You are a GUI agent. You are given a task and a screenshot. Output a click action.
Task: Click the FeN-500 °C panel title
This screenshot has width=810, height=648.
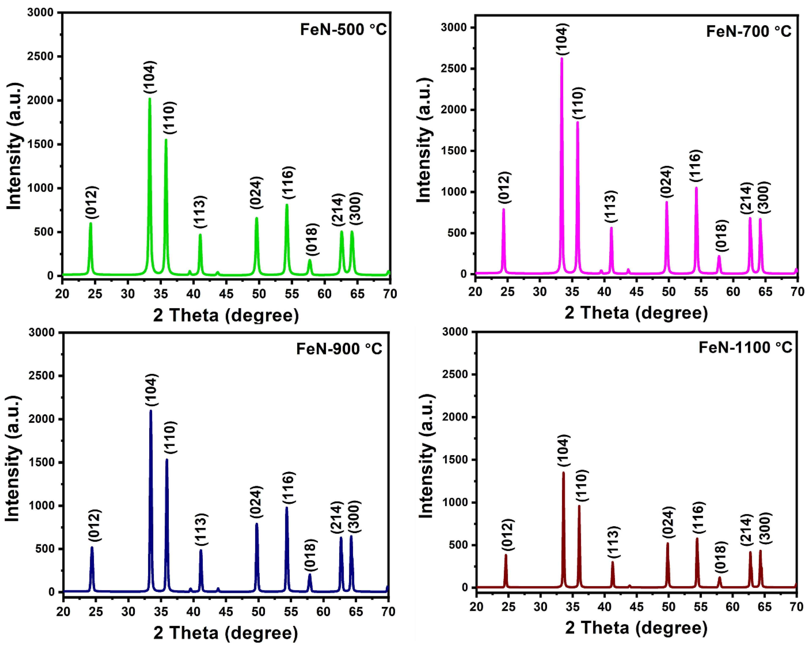click(x=343, y=29)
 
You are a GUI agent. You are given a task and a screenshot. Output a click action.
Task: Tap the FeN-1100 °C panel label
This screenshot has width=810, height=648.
click(x=745, y=347)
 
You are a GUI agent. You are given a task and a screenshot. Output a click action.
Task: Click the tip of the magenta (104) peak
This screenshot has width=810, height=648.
click(x=562, y=58)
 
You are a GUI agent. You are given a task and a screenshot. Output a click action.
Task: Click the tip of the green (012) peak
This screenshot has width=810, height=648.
click(x=90, y=224)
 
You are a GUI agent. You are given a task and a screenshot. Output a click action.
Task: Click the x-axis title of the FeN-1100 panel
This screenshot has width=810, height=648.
click(x=636, y=628)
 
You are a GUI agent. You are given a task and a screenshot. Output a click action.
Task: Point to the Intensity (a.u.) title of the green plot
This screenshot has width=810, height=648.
click(x=14, y=146)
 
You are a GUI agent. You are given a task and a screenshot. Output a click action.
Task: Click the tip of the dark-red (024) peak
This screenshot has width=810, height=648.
click(x=668, y=543)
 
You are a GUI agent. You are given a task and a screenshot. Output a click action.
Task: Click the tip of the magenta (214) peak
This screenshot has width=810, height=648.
click(x=750, y=218)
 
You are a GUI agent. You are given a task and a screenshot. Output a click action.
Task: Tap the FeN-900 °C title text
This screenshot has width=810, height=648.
click(x=339, y=349)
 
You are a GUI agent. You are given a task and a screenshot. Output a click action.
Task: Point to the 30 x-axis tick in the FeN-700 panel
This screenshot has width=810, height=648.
click(x=540, y=291)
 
